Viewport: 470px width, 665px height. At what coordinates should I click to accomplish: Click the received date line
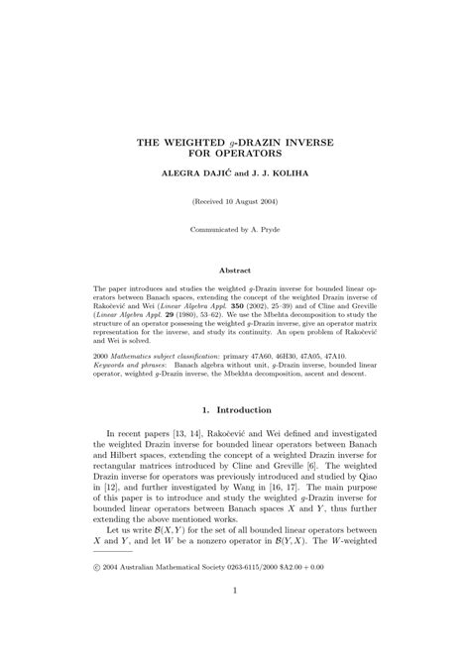tap(235, 201)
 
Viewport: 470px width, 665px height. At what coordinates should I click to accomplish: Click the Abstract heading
tap(235, 271)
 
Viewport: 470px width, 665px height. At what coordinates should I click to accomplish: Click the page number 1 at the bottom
tap(235, 618)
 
